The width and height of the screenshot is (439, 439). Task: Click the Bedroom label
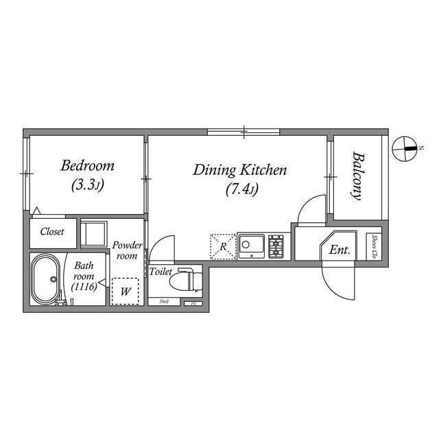coord(87,166)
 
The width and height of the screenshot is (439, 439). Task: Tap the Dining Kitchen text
coord(239,169)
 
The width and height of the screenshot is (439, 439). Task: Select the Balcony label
coord(357,176)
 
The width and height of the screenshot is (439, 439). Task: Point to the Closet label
coord(52,232)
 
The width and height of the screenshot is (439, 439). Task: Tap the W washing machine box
coord(125,291)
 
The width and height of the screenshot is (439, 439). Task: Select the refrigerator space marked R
coord(222,247)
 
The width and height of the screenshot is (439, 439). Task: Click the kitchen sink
coord(251,246)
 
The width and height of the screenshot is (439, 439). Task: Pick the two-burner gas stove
coord(276,246)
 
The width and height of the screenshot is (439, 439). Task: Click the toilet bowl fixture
coord(186,280)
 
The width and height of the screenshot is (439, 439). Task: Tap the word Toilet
coord(161,272)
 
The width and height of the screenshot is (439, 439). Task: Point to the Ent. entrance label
coord(340,250)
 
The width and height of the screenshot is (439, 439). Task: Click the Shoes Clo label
coord(375,247)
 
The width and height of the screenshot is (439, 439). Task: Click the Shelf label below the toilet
coord(165,301)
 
